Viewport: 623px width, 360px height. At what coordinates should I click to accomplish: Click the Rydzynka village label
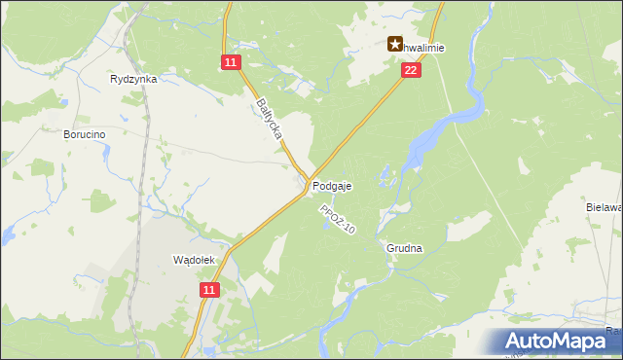pyautogui.click(x=134, y=79)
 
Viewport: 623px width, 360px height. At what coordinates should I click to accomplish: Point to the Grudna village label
pyautogui.click(x=404, y=248)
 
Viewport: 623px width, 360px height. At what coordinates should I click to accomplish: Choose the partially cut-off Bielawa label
pyautogui.click(x=604, y=207)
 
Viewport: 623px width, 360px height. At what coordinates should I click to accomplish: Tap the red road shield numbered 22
pyautogui.click(x=411, y=70)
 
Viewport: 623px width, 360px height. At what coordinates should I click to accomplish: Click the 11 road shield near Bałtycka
pyautogui.click(x=230, y=62)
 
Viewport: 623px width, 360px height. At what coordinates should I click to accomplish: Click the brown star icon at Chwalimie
pyautogui.click(x=396, y=44)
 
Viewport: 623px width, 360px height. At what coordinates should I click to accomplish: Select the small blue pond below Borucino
pyautogui.click(x=8, y=234)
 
